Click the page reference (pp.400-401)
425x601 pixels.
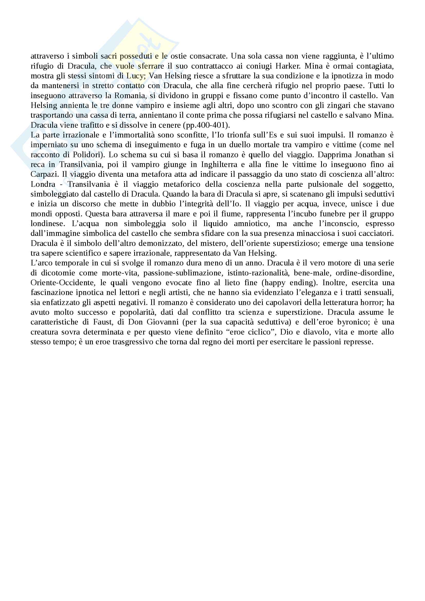(207, 125)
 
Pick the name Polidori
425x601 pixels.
(87, 155)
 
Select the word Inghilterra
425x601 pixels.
(219, 165)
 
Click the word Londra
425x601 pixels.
(43, 184)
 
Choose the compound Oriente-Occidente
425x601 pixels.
(62, 283)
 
